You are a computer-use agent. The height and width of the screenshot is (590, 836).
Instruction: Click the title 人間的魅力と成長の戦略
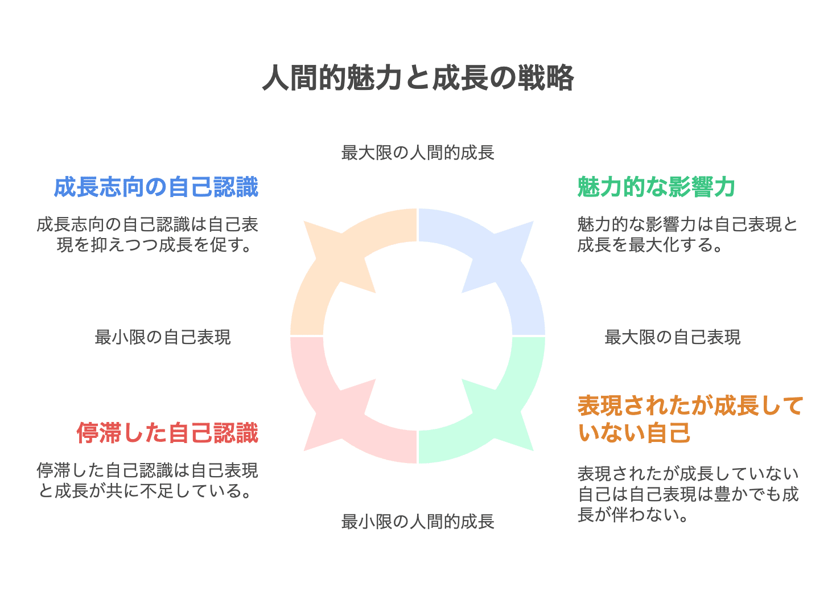(418, 78)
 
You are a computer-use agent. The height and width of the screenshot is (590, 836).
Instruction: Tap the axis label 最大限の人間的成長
(418, 153)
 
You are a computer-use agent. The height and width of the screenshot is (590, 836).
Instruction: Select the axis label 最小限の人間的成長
(418, 522)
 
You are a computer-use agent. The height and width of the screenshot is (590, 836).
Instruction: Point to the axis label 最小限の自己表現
(163, 338)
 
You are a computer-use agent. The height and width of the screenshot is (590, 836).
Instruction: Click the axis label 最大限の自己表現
(672, 338)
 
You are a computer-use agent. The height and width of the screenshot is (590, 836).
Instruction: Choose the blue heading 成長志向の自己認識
(156, 187)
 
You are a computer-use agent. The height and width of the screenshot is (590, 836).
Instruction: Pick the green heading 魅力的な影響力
(656, 187)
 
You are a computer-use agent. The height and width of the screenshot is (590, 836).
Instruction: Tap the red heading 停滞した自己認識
(167, 433)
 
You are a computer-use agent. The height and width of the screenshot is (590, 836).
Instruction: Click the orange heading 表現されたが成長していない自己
(690, 420)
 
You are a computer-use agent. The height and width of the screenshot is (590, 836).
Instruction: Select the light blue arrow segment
(501, 262)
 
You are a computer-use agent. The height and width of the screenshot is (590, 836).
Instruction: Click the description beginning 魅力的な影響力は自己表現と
(687, 235)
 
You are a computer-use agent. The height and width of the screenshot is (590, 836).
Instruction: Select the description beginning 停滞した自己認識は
(147, 480)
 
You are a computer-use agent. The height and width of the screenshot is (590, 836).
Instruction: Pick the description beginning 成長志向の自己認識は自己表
(147, 235)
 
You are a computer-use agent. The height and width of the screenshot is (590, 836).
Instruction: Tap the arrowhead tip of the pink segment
(305, 450)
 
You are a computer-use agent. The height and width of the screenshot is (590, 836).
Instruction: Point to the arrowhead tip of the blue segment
(533, 222)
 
